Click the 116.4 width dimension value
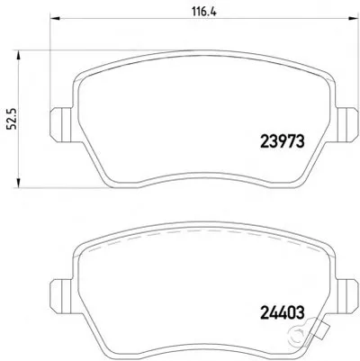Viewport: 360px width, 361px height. (203, 12)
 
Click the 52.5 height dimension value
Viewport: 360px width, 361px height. (13, 119)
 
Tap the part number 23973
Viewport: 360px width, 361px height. (283, 140)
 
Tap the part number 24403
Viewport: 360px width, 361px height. (282, 312)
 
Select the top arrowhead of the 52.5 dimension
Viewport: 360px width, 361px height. (19, 56)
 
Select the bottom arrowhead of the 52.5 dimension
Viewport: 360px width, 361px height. (19, 182)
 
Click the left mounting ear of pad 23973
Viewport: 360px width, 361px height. (60, 124)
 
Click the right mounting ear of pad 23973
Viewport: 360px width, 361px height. (347, 124)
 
